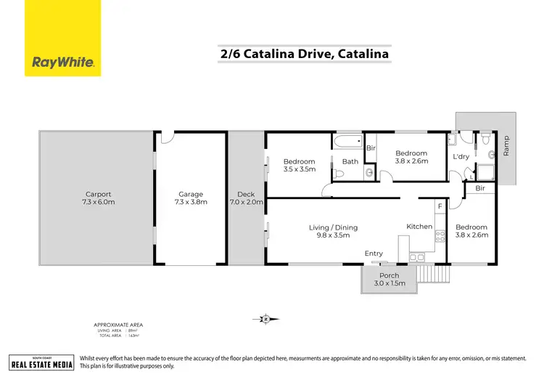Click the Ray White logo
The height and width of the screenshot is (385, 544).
coord(63,62)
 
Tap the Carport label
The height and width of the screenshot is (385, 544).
coord(97,194)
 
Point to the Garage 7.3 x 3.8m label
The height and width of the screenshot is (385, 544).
coord(191,198)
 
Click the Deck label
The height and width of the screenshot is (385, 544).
coord(246,194)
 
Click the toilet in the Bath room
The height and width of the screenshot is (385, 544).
coord(340,174)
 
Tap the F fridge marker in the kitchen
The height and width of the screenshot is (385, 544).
coord(439,207)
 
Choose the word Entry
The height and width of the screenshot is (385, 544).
coord(374,253)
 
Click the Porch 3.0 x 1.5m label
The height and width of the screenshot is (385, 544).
coord(389,280)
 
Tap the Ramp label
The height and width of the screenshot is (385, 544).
coord(506,147)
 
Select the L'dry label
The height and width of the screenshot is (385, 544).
coord(460,156)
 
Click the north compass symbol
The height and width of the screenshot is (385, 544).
coord(266,318)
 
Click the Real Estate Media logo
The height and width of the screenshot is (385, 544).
coord(41,362)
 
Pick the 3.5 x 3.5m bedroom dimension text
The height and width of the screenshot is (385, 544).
coord(299,169)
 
